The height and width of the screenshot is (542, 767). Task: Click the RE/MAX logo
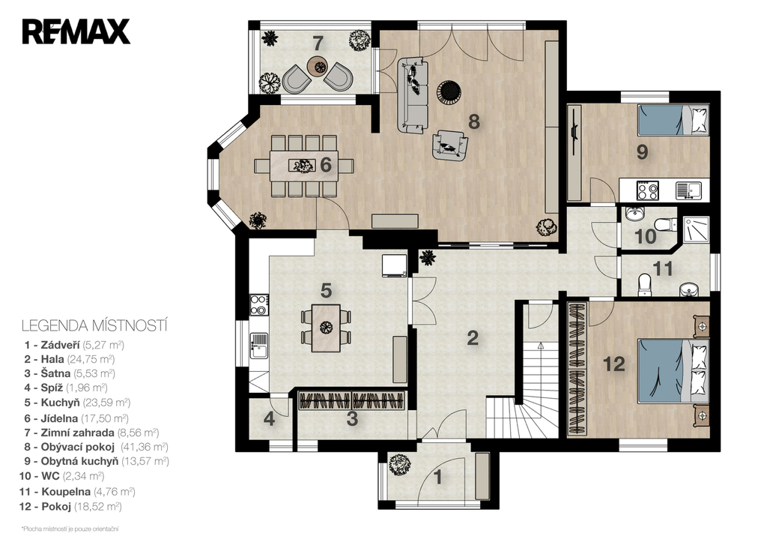[x=76, y=31]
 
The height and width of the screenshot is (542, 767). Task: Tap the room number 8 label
[x=473, y=121]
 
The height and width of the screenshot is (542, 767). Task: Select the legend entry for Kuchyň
[x=77, y=403]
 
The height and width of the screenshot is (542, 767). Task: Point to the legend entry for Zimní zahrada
[x=91, y=433]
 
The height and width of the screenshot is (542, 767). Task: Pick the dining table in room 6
[x=303, y=166]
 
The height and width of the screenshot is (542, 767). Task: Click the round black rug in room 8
[x=449, y=91]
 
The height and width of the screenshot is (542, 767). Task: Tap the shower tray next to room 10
[x=696, y=230]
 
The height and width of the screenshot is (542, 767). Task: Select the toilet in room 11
[x=645, y=286]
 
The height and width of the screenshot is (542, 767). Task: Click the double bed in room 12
[x=673, y=370]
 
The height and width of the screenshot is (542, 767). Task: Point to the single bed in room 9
[x=673, y=120]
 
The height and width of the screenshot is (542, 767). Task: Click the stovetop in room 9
[x=648, y=190]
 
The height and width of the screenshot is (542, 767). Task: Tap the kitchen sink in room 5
[x=259, y=345]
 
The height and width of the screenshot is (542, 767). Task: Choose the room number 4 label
[x=269, y=419]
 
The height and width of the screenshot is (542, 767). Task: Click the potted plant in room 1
[x=400, y=464]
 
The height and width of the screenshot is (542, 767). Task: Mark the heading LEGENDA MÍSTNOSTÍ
[x=94, y=325]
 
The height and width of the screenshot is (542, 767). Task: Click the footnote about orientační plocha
[x=70, y=529]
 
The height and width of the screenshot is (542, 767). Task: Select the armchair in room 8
[x=449, y=145]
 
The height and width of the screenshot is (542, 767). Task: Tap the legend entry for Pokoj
[x=70, y=507]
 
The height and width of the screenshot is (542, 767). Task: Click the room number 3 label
[x=352, y=419]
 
